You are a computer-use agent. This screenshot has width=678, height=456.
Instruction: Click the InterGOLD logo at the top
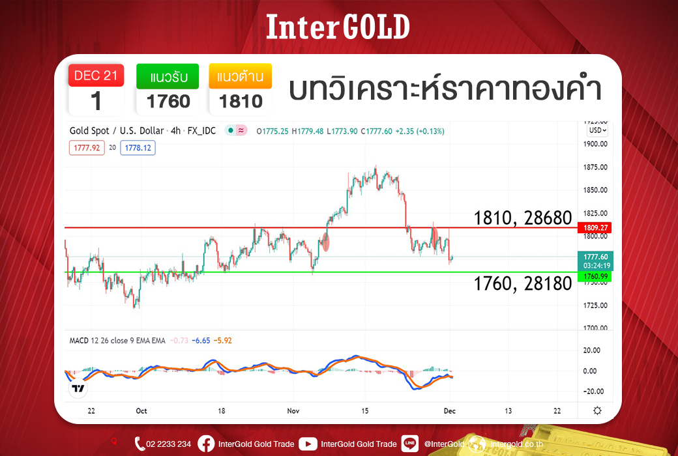point(338,27)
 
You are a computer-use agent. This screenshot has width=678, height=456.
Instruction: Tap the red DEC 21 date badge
point(96,76)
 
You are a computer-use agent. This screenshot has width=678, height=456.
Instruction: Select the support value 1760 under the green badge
point(168,102)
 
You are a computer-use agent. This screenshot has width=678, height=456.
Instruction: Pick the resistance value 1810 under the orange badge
point(241,102)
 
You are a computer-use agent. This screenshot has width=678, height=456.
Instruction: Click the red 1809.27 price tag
point(595,228)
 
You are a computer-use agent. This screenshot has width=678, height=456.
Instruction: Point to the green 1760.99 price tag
point(595,276)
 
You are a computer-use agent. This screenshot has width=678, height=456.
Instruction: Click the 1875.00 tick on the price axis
point(595,167)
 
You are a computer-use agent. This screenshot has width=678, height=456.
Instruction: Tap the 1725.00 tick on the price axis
point(595,306)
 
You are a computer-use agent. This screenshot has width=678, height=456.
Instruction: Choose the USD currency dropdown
point(598,130)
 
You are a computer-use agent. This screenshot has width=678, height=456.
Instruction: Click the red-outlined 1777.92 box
point(87,148)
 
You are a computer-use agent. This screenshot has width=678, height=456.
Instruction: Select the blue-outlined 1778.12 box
point(138,148)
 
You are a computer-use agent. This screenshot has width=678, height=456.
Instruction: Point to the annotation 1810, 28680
point(522,218)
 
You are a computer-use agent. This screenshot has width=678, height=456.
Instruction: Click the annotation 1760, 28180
point(522,283)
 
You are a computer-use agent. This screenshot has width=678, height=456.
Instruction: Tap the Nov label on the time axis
point(293,410)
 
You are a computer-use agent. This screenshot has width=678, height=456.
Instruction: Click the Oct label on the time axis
point(141,410)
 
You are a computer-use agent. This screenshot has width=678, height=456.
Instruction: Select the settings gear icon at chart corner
point(597,410)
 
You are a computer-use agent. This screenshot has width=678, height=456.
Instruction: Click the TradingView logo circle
point(78,388)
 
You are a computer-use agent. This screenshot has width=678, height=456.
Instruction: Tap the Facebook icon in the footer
point(206,444)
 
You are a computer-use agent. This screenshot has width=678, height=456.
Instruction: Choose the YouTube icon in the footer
point(308,444)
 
